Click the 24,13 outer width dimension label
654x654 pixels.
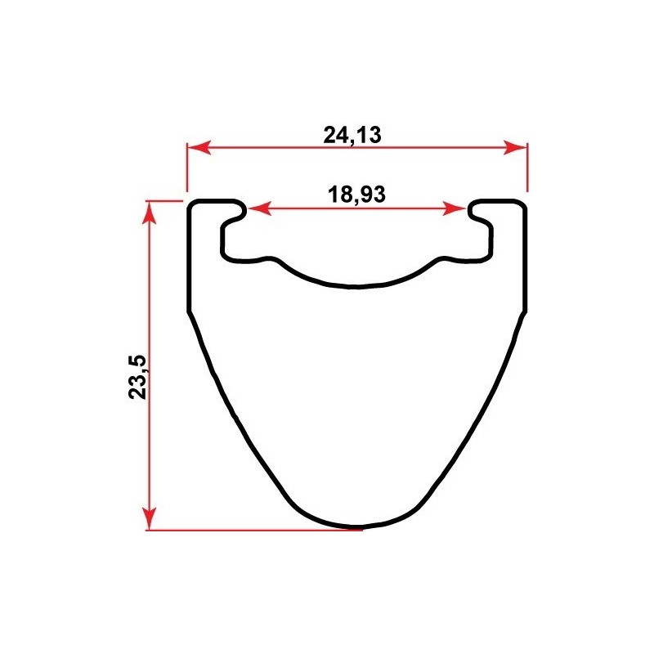pos(352,135)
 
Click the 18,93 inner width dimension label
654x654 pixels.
pos(356,195)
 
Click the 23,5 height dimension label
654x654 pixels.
pos(137,377)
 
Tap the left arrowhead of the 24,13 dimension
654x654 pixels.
pos(199,147)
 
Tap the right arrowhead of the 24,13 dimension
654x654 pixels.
pos(515,147)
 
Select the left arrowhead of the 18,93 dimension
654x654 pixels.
pos(260,208)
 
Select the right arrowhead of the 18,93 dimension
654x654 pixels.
pos(454,208)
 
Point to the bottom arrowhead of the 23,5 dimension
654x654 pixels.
pos(149,518)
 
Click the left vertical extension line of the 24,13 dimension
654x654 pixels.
pos(187,168)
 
